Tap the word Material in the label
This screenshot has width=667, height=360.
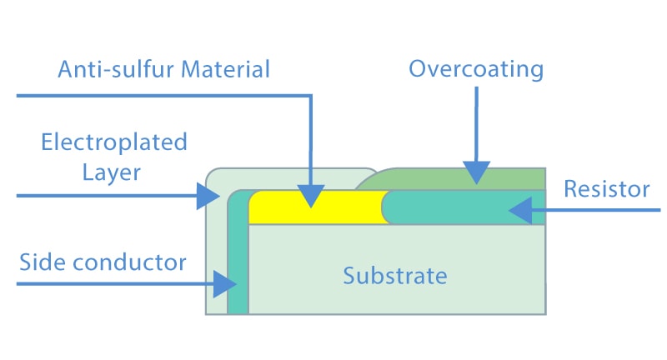click(x=225, y=69)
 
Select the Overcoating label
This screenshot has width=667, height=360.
click(x=476, y=69)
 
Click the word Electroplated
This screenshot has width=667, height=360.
click(x=114, y=142)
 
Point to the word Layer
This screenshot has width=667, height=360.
click(x=112, y=173)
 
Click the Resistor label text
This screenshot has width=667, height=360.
click(x=607, y=189)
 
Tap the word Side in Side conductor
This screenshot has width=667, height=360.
click(x=43, y=262)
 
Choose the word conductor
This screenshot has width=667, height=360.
click(x=130, y=262)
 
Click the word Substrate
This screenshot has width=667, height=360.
click(x=395, y=276)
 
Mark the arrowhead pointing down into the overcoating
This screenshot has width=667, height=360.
click(x=476, y=172)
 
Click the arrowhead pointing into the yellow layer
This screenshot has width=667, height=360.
click(x=311, y=197)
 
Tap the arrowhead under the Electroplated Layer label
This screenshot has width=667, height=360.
click(x=208, y=196)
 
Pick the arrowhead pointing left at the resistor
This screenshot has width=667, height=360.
click(x=520, y=210)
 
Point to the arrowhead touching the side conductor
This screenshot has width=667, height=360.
click(x=225, y=284)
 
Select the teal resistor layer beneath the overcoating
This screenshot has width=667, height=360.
click(x=464, y=207)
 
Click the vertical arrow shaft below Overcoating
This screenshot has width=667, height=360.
click(x=476, y=124)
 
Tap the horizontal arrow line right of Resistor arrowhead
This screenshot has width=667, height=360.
click(x=596, y=210)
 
